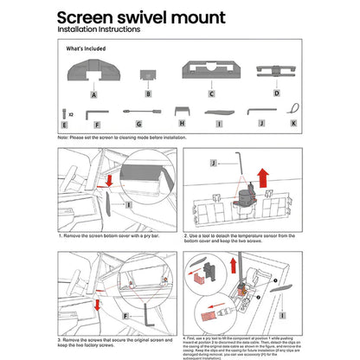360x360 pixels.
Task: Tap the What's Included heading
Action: click(x=87, y=50)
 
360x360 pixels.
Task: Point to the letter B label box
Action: click(x=148, y=93)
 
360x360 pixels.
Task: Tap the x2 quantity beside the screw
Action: click(x=71, y=113)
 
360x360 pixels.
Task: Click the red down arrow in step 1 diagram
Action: click(x=109, y=180)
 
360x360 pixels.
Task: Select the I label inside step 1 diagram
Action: click(x=128, y=206)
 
